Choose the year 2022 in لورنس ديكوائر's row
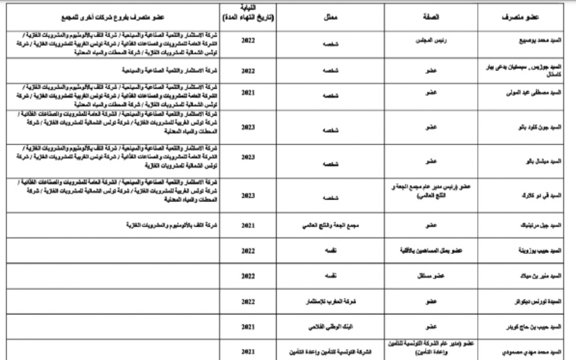point(248,300)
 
